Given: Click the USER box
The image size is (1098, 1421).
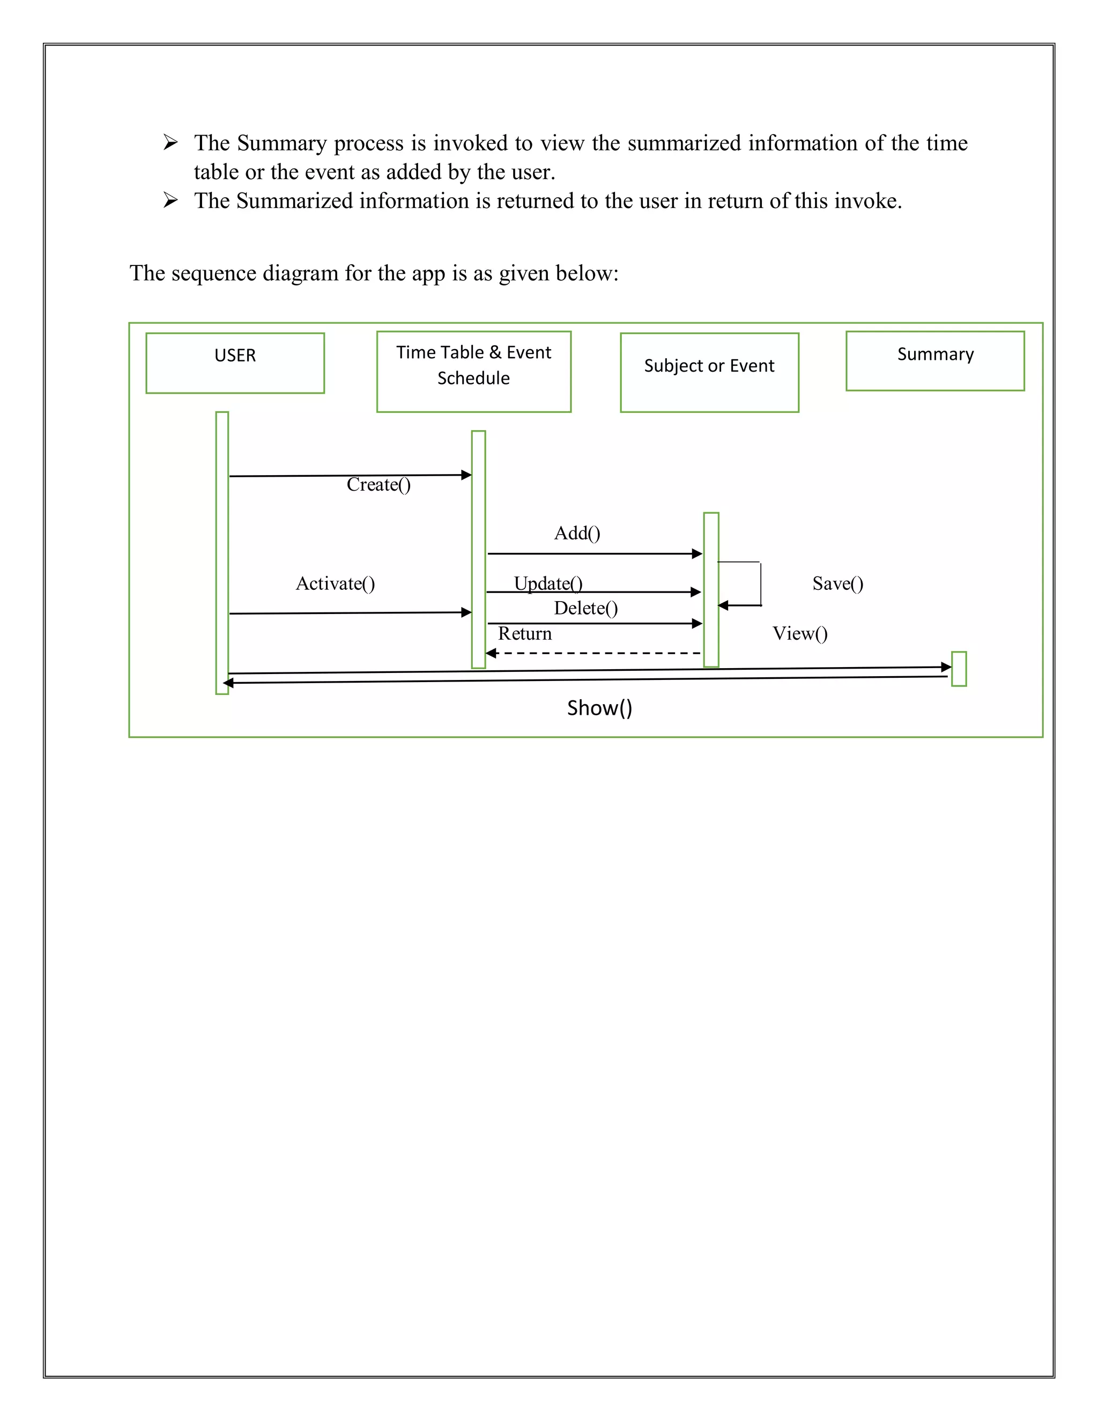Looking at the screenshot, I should point(235,363).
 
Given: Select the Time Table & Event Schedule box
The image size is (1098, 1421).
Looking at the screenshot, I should point(473,372).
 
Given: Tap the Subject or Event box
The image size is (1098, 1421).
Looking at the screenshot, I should point(709,372).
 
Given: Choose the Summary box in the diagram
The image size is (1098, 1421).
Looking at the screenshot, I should point(934,361).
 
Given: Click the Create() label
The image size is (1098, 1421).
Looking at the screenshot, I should point(379,485).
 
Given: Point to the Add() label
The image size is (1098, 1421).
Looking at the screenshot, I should point(577,534).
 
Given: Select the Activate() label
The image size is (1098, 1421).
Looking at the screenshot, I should point(335,583).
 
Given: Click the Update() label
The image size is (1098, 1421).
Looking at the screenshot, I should point(548,583).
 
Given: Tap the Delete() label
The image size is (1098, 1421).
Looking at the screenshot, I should point(585,609).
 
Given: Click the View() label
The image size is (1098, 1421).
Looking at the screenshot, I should point(800,634).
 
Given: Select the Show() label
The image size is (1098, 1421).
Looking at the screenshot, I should point(599,708).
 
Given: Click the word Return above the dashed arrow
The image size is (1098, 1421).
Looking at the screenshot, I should point(524,634).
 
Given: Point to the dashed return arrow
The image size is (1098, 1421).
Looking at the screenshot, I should point(593,653).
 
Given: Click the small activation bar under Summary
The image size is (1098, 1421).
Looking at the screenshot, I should point(959,669).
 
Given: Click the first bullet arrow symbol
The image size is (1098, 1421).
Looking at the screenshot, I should point(170,143).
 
